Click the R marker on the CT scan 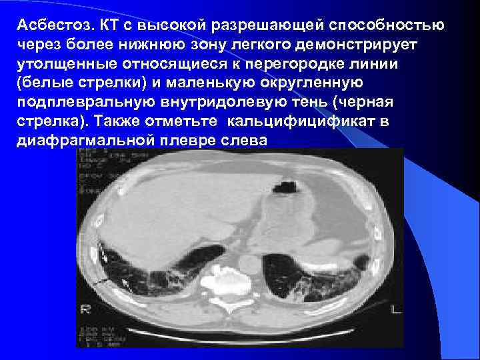pyautogui.click(x=85, y=309)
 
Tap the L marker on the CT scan pyautogui.click(x=396, y=309)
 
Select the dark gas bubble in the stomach pyautogui.click(x=288, y=181)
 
